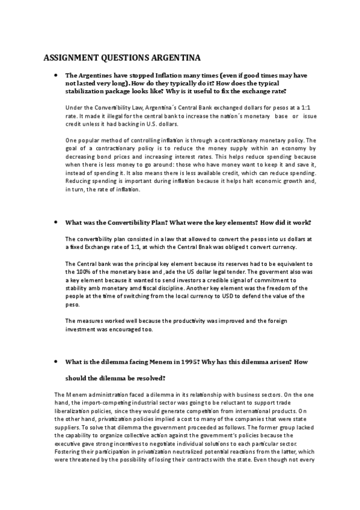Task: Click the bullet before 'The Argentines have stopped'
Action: tap(55, 76)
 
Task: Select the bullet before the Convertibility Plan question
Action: tap(55, 222)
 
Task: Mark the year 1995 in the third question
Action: tap(183, 363)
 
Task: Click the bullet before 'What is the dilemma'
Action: tap(55, 363)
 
